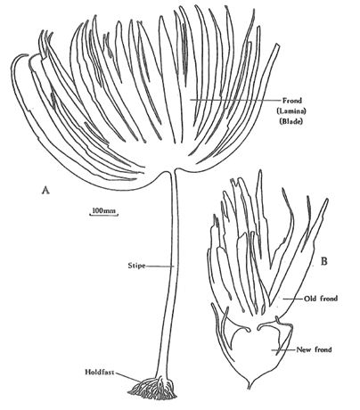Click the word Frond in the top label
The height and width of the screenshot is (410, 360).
(292, 101)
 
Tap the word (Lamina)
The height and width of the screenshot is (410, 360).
(291, 111)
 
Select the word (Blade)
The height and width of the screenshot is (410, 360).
(291, 121)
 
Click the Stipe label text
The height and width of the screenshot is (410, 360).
(136, 266)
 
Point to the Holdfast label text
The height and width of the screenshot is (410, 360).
(100, 372)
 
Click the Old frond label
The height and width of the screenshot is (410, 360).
(321, 299)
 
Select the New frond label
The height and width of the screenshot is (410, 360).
(315, 349)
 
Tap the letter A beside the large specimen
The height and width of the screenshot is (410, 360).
(45, 190)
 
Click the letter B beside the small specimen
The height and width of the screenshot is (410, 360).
(324, 261)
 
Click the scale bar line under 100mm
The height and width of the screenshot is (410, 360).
(103, 214)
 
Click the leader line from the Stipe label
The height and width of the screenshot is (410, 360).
(160, 266)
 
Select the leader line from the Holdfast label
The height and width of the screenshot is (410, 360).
(128, 377)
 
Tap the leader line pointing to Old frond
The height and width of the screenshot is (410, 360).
(292, 299)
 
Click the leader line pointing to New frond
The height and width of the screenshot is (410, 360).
(283, 350)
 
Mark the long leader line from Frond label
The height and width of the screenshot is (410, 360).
(235, 100)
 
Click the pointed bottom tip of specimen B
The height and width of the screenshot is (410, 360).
(249, 388)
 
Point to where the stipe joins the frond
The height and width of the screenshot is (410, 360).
(172, 172)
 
